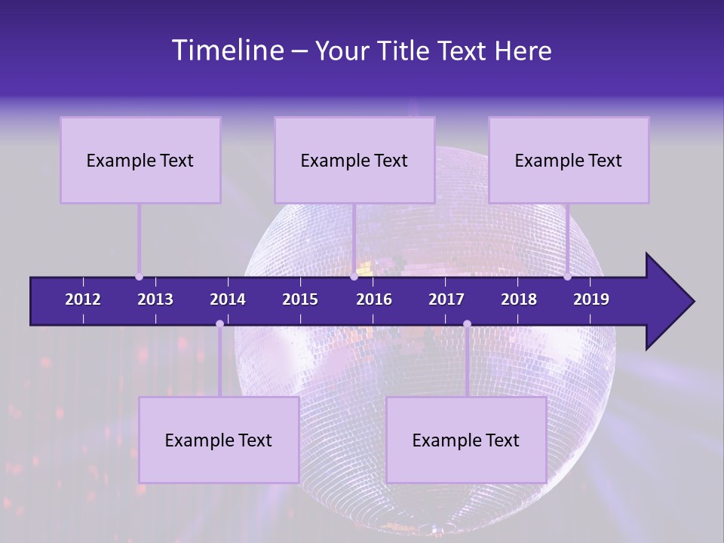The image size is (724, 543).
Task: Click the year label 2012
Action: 83,299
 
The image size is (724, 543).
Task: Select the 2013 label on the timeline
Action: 155,299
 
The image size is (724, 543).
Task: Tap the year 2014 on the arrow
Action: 228,299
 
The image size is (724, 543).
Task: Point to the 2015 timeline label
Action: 300,299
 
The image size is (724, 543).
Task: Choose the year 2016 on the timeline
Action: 374,299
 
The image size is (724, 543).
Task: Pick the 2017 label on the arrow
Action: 446,299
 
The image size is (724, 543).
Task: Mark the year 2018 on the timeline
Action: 519,299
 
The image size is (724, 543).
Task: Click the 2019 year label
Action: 591,299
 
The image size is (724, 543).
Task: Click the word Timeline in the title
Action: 227,51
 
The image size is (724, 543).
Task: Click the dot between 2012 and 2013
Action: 139,277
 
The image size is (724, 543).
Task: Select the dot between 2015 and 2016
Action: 354,277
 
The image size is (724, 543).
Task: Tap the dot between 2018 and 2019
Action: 567,277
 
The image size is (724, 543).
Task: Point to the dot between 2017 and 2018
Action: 467,324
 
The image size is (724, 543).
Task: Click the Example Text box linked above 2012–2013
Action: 140,160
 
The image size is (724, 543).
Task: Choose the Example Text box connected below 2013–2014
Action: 219,440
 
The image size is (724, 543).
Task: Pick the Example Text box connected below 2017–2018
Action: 466,440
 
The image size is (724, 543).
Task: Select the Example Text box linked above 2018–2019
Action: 569,160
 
